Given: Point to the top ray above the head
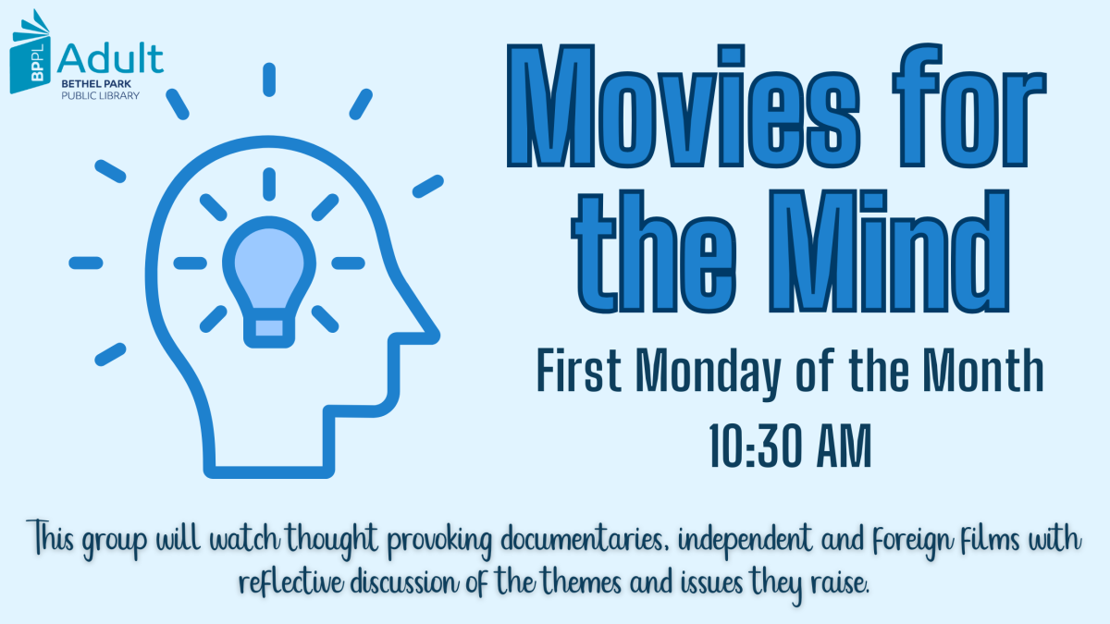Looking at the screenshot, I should [268, 80].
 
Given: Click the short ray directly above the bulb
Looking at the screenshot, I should [268, 183].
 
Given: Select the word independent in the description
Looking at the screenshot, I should [741, 538].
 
